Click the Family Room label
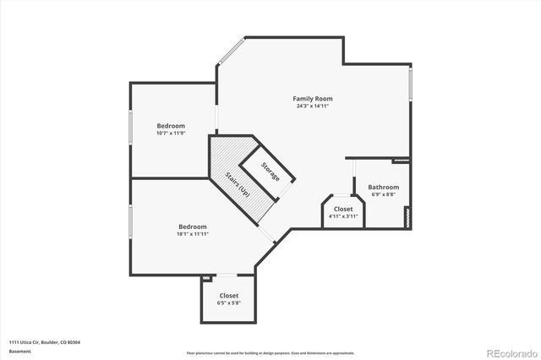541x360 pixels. click(x=312, y=99)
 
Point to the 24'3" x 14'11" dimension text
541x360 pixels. click(x=312, y=106)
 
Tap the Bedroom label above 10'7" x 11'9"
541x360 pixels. click(x=170, y=126)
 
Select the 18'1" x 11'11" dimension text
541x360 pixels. click(x=193, y=234)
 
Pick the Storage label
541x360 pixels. click(x=270, y=171)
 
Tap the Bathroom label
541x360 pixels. click(x=383, y=187)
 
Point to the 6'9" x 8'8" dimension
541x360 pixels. click(x=383, y=194)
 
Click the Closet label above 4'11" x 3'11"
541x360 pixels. click(x=343, y=209)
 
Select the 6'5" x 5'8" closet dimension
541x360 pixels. click(x=228, y=303)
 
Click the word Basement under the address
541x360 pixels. click(x=19, y=349)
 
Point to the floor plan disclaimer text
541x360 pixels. click(x=270, y=353)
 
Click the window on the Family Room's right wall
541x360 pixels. click(x=411, y=83)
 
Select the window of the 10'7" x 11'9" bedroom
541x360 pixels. click(x=130, y=133)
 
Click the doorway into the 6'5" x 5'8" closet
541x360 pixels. click(x=227, y=275)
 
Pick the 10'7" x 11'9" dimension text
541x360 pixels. click(x=170, y=134)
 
